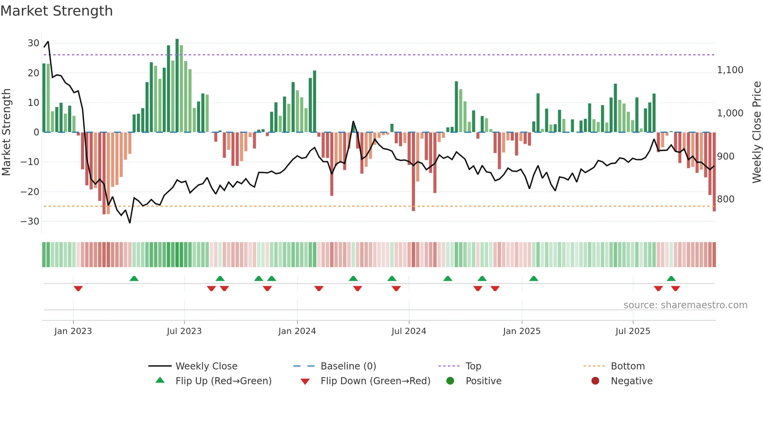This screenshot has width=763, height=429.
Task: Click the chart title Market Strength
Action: point(56,11)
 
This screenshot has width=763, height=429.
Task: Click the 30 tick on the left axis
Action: point(33,43)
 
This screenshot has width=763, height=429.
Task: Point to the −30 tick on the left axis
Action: point(30,221)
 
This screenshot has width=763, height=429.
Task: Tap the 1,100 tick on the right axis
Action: point(730,70)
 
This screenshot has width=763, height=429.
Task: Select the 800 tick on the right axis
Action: point(725,199)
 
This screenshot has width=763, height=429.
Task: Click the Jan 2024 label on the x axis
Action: point(297,331)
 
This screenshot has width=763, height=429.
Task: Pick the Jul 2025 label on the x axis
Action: point(633,331)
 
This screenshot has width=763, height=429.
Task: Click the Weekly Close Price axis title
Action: point(756,132)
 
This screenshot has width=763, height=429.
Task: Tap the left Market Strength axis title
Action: point(6,132)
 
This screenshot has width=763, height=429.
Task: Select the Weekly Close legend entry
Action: point(206,366)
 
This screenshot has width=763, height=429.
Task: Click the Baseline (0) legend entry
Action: point(348,366)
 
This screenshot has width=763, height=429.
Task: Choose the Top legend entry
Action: point(473,366)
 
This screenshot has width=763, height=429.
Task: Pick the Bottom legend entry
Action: point(628,366)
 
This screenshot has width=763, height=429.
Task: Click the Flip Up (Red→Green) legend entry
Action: point(223,381)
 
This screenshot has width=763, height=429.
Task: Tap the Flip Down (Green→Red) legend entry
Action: point(375,381)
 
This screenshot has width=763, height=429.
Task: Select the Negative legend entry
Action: point(631,381)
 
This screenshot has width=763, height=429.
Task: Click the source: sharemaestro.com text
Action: point(685,305)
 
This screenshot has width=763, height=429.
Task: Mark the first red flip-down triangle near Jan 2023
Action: point(78,288)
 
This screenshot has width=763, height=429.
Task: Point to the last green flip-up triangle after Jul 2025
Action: point(671,278)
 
